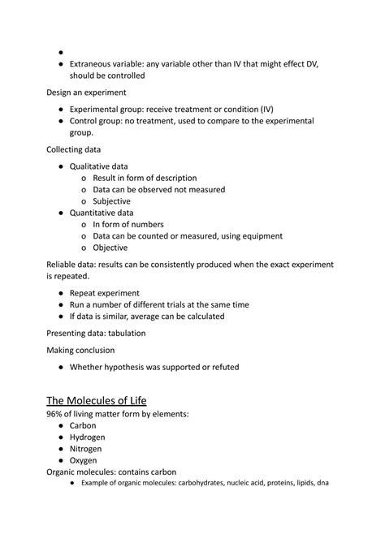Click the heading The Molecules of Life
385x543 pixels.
click(x=109, y=400)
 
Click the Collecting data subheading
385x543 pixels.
click(x=77, y=149)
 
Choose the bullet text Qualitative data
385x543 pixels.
click(x=99, y=166)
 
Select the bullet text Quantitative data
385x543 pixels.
click(x=102, y=213)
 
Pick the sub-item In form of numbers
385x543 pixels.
click(x=128, y=224)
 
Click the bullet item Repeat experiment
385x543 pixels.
click(x=105, y=293)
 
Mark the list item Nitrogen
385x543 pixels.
click(x=89, y=449)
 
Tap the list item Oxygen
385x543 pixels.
click(x=85, y=460)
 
